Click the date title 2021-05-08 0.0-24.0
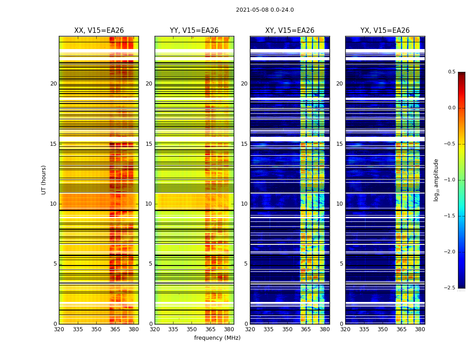coord(265,10)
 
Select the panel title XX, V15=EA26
coord(99,31)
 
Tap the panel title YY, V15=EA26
coord(194,31)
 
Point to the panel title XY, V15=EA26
coord(289,31)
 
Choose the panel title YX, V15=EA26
coord(385,31)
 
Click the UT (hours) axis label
coord(44,180)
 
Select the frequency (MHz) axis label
coord(217,338)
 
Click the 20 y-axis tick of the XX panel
coord(53,84)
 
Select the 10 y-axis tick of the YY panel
coord(149,204)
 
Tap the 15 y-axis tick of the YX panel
coord(339,144)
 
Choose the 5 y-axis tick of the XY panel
coord(245,264)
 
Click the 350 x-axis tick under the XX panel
coord(96,329)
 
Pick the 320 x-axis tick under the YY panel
coord(155,329)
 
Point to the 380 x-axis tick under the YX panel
coord(420,329)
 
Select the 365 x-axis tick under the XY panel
coord(306,329)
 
